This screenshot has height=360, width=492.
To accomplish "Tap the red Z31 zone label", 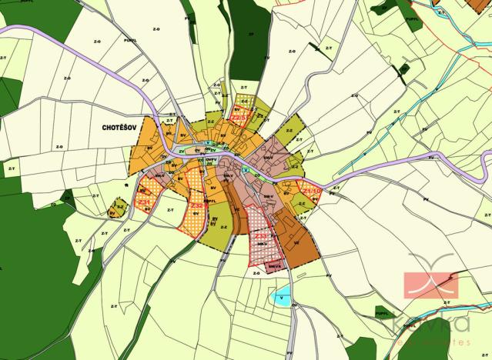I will [144, 201].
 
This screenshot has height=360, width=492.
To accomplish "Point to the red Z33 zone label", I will [263, 235].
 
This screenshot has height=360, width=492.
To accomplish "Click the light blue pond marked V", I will [283, 297].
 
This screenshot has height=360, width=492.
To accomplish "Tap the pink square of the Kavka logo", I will [431, 285].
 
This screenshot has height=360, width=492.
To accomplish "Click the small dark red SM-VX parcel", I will [275, 265].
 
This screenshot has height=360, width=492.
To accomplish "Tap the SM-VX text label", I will [274, 265].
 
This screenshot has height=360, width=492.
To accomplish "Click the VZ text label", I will [297, 241].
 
